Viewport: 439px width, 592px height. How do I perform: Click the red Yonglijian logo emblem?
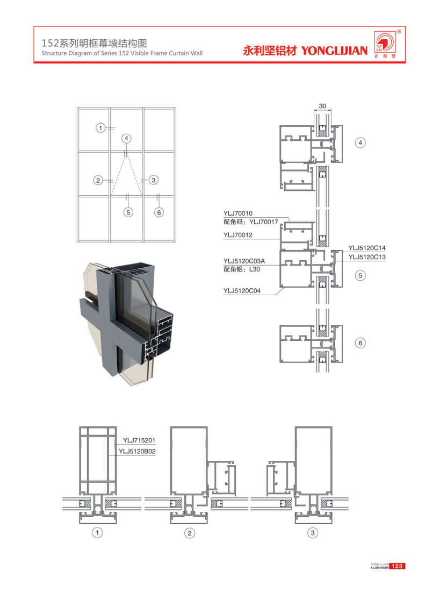tap(386, 43)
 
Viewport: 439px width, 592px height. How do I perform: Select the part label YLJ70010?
tap(238, 213)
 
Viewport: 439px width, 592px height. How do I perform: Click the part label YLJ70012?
tap(238, 235)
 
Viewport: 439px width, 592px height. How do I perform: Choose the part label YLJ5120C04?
tap(242, 291)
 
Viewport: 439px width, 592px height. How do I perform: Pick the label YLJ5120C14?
tap(368, 248)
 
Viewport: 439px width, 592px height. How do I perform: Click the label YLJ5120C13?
tap(368, 257)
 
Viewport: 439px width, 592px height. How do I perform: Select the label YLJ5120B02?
tap(137, 452)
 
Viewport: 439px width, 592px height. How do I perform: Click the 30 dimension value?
tap(322, 106)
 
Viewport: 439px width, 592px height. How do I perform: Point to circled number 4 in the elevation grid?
tap(126, 139)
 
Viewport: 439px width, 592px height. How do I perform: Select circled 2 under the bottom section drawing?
tap(189, 533)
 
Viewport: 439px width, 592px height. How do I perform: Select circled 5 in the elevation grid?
tap(128, 212)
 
